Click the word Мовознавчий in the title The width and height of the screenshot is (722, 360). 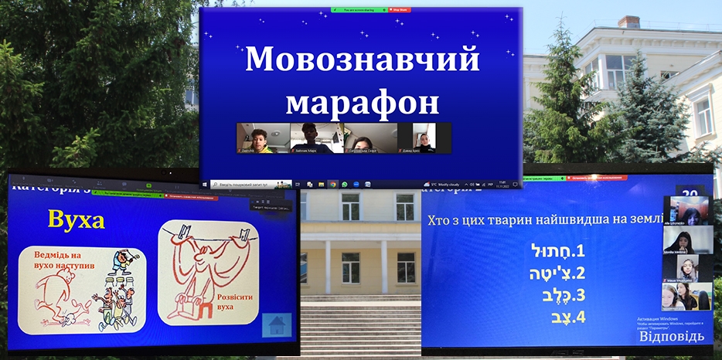362,60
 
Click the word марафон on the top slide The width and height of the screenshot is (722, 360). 362,101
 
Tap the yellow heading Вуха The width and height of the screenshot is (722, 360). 76,219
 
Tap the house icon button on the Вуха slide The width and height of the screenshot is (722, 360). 277,325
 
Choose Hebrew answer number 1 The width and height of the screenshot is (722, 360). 555,253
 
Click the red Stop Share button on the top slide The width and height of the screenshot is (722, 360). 400,10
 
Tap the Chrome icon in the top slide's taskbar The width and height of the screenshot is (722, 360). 332,185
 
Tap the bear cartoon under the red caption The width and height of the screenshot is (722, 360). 58,297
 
